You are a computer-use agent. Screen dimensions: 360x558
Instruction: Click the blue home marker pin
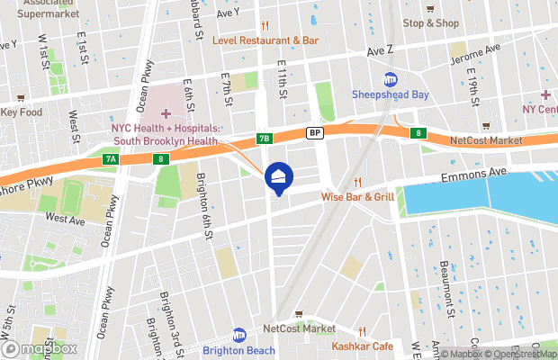click(x=278, y=177)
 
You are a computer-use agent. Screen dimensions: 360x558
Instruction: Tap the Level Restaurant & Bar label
click(x=265, y=40)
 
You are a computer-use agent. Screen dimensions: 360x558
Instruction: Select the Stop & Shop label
click(x=429, y=23)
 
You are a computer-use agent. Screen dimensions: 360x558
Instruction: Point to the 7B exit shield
click(x=264, y=139)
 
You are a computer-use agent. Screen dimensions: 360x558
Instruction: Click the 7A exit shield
click(x=110, y=159)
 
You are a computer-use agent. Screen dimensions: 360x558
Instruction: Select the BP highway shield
click(x=314, y=132)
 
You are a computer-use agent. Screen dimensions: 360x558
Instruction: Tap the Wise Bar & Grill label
click(x=357, y=196)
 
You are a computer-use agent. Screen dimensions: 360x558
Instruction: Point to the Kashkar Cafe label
click(x=363, y=346)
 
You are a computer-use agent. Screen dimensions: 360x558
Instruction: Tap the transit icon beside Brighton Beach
click(x=238, y=333)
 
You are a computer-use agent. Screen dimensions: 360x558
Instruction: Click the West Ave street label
click(x=65, y=219)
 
